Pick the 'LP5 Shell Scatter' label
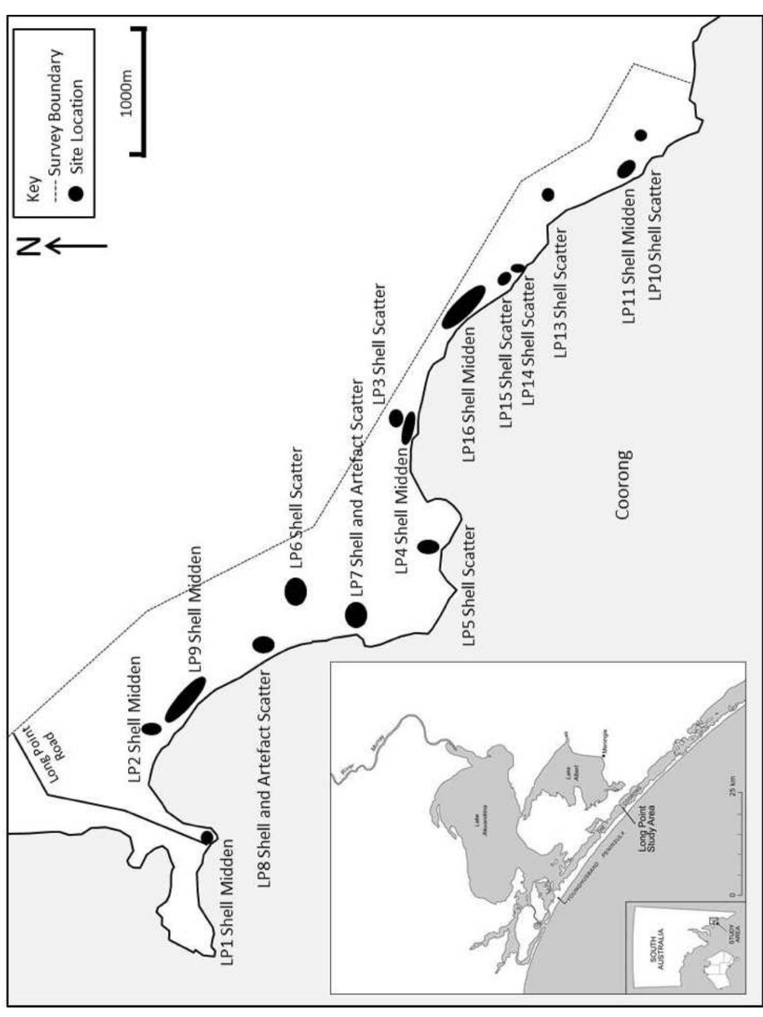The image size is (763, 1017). click(469, 586)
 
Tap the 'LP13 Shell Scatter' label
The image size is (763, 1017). click(561, 293)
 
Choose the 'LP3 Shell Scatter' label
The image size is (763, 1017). click(379, 345)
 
